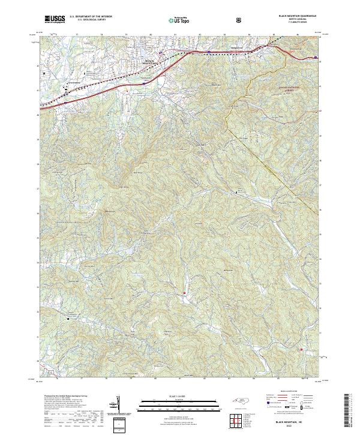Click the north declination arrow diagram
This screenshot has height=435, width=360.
119,408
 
